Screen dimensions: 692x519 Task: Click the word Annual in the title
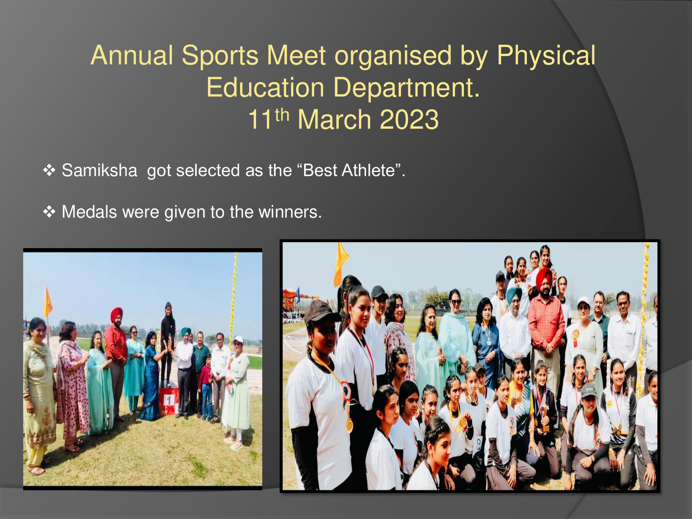click(x=132, y=55)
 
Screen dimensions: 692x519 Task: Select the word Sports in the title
click(x=220, y=55)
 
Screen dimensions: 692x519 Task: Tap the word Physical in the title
click(x=546, y=55)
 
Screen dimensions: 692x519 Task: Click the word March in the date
click(x=335, y=119)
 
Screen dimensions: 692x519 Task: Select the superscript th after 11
click(x=282, y=115)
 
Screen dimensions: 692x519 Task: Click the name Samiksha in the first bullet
click(x=99, y=171)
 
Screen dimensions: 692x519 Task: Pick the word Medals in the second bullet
click(x=89, y=212)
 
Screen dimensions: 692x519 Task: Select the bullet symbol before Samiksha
click(x=49, y=170)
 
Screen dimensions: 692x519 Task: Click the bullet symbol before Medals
click(x=49, y=212)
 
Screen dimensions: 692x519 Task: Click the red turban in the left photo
click(x=117, y=313)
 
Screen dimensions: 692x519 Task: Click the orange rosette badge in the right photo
click(x=575, y=337)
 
